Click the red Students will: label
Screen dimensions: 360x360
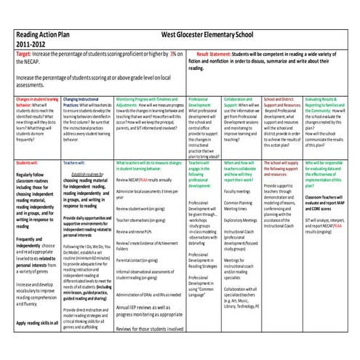(x=28, y=165)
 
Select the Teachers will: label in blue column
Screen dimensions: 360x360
(x=75, y=165)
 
